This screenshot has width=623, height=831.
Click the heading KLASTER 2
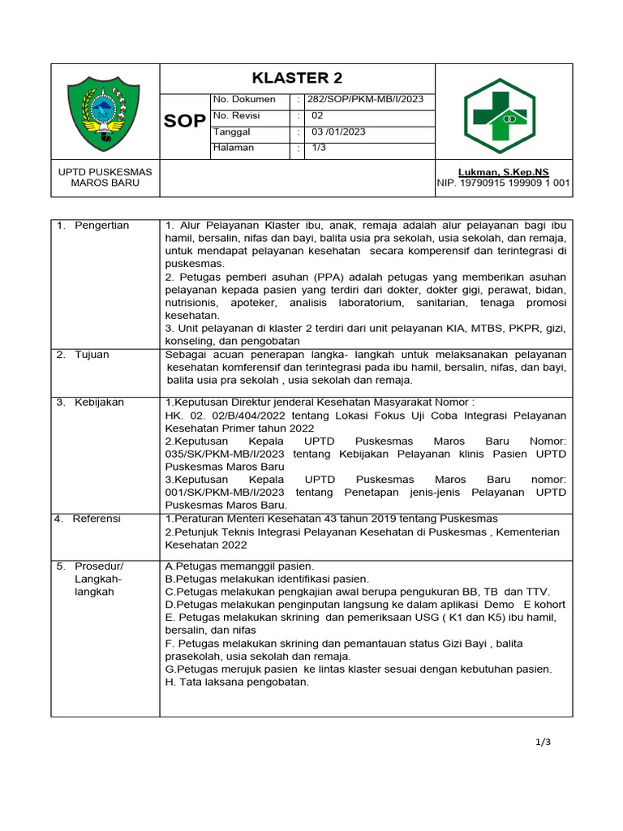point(297,78)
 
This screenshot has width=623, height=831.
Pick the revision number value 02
point(318,116)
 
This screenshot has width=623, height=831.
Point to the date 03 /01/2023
point(338,132)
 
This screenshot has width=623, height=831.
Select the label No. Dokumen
point(244,100)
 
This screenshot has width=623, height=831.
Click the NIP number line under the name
point(503,183)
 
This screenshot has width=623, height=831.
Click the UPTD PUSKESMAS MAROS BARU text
point(105,177)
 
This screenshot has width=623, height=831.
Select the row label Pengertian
point(101,226)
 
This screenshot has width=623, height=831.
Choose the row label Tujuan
point(93,355)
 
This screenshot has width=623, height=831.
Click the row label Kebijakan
point(100,403)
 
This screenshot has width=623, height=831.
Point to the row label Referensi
point(97,519)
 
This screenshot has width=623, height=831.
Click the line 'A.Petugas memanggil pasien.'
point(239,566)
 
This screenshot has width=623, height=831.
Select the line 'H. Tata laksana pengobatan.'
point(237,682)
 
